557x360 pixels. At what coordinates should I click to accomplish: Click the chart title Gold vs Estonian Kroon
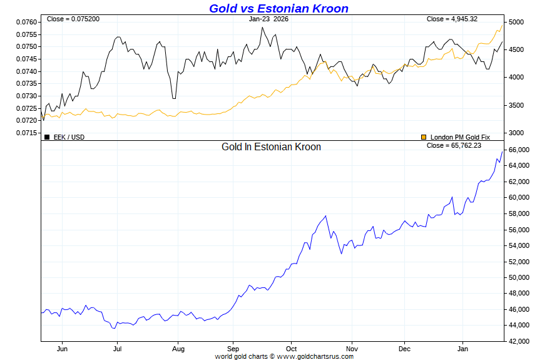[x=278, y=8]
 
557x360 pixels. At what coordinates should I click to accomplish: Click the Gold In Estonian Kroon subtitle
[x=271, y=147]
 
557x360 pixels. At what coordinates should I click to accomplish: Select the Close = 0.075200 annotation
[x=73, y=19]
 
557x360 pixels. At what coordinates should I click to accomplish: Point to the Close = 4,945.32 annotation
[x=452, y=19]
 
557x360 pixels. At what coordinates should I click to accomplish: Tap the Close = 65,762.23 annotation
[x=454, y=145]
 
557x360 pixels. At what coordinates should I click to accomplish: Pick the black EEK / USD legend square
[x=47, y=137]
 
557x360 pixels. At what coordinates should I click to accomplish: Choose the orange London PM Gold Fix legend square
[x=424, y=137]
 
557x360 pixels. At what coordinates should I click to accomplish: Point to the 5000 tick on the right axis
[x=516, y=22]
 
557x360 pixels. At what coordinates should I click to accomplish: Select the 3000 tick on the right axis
[x=516, y=133]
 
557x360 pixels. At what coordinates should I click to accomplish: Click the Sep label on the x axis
[x=233, y=349]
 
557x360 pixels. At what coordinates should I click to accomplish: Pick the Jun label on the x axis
[x=62, y=349]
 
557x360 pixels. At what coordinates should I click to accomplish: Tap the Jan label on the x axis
[x=462, y=349]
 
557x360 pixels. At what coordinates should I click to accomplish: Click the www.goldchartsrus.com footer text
[x=315, y=356]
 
